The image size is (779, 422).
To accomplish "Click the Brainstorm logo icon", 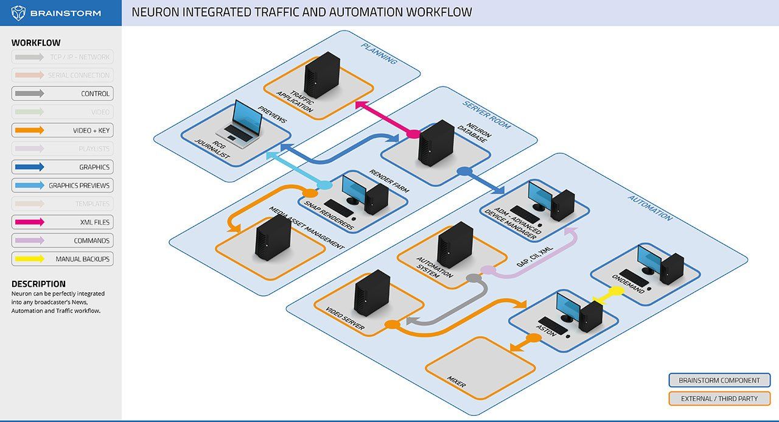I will pyautogui.click(x=19, y=12).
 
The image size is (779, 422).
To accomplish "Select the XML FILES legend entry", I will pyautogui.click(x=62, y=222).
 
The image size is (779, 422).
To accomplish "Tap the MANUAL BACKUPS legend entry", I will pyautogui.click(x=62, y=259).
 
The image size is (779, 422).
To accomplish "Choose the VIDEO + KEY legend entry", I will pyautogui.click(x=62, y=130).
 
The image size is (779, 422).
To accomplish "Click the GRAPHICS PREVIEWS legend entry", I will pyautogui.click(x=62, y=185).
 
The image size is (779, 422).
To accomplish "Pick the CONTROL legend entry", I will pyautogui.click(x=62, y=94).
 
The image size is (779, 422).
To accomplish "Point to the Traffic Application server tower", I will pyautogui.click(x=321, y=74).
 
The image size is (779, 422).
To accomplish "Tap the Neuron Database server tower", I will pyautogui.click(x=436, y=143).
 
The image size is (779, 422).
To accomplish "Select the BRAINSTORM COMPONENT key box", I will pyautogui.click(x=719, y=381).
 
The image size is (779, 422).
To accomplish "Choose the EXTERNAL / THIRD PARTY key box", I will pyautogui.click(x=719, y=399).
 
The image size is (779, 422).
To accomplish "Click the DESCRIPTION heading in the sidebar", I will pyautogui.click(x=38, y=284).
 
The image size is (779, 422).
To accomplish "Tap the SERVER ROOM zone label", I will pyautogui.click(x=487, y=115).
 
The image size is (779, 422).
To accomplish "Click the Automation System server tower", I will pyautogui.click(x=455, y=245).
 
